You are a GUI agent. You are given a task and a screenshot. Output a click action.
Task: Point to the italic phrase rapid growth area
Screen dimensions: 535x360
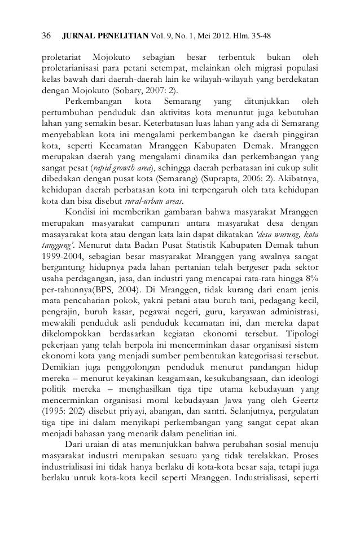coord(124,167)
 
